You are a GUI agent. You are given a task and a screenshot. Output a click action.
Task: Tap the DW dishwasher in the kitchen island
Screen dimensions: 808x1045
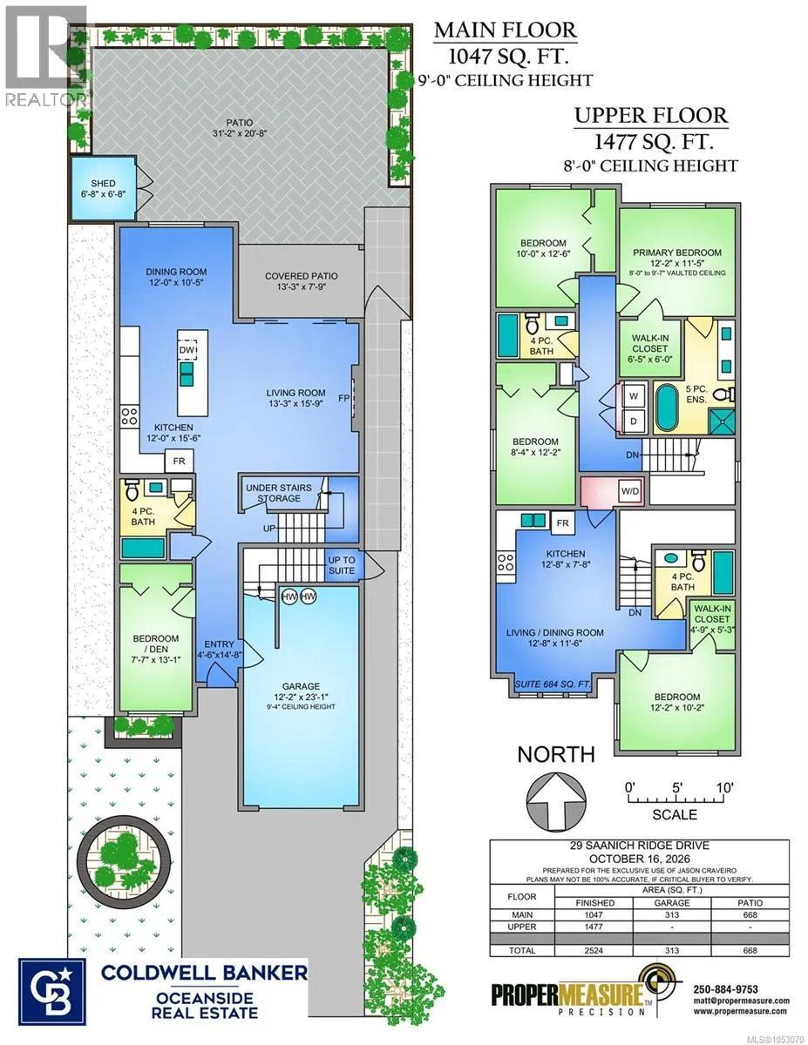point(187,350)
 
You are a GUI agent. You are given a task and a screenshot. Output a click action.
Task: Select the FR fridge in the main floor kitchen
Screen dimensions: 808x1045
point(179,461)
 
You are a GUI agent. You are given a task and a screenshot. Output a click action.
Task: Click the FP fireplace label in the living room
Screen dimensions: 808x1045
point(343,398)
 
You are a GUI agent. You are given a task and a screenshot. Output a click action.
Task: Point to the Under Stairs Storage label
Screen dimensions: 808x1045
point(279,493)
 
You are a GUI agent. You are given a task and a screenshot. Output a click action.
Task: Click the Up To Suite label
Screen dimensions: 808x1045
point(341,565)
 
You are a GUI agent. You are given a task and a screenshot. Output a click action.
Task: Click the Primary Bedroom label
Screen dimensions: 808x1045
point(676,253)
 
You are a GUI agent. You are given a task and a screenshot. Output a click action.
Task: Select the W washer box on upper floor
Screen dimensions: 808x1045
point(634,395)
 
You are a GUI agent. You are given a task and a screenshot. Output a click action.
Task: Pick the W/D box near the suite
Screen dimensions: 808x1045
point(630,491)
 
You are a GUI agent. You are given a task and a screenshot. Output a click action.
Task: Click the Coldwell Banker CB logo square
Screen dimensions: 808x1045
point(52,991)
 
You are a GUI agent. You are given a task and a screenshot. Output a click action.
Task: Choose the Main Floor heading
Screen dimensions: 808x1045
point(505,30)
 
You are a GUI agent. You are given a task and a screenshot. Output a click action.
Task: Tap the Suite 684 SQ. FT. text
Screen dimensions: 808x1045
point(553,684)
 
